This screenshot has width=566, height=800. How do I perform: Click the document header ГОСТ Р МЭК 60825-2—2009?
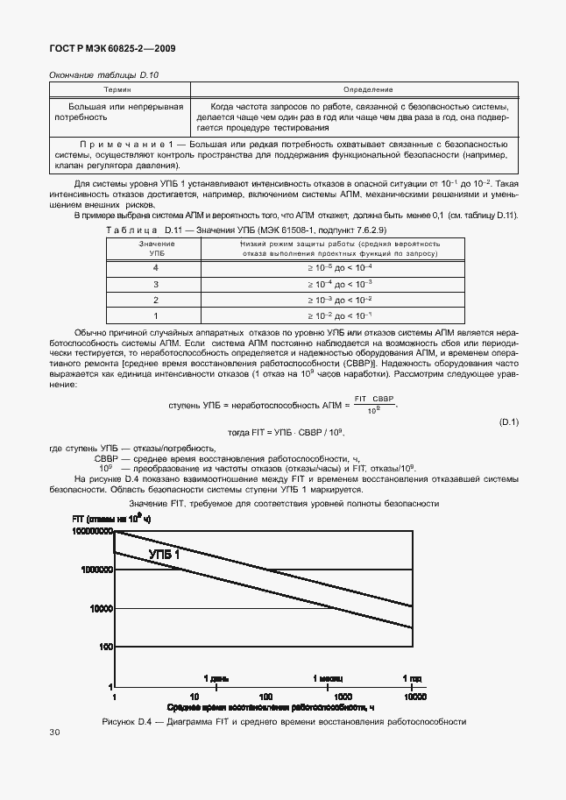(x=115, y=49)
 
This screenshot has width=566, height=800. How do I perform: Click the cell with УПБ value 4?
(x=156, y=266)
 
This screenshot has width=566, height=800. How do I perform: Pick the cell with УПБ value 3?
(x=156, y=283)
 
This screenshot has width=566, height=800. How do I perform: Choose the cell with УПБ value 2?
(x=156, y=299)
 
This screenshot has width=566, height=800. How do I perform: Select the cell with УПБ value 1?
(x=156, y=315)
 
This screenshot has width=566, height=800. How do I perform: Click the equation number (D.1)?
(x=509, y=422)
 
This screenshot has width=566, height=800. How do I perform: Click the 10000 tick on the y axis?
(x=100, y=608)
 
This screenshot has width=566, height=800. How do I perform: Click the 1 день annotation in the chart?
(x=216, y=678)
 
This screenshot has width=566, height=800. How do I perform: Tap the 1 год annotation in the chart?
(x=411, y=678)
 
